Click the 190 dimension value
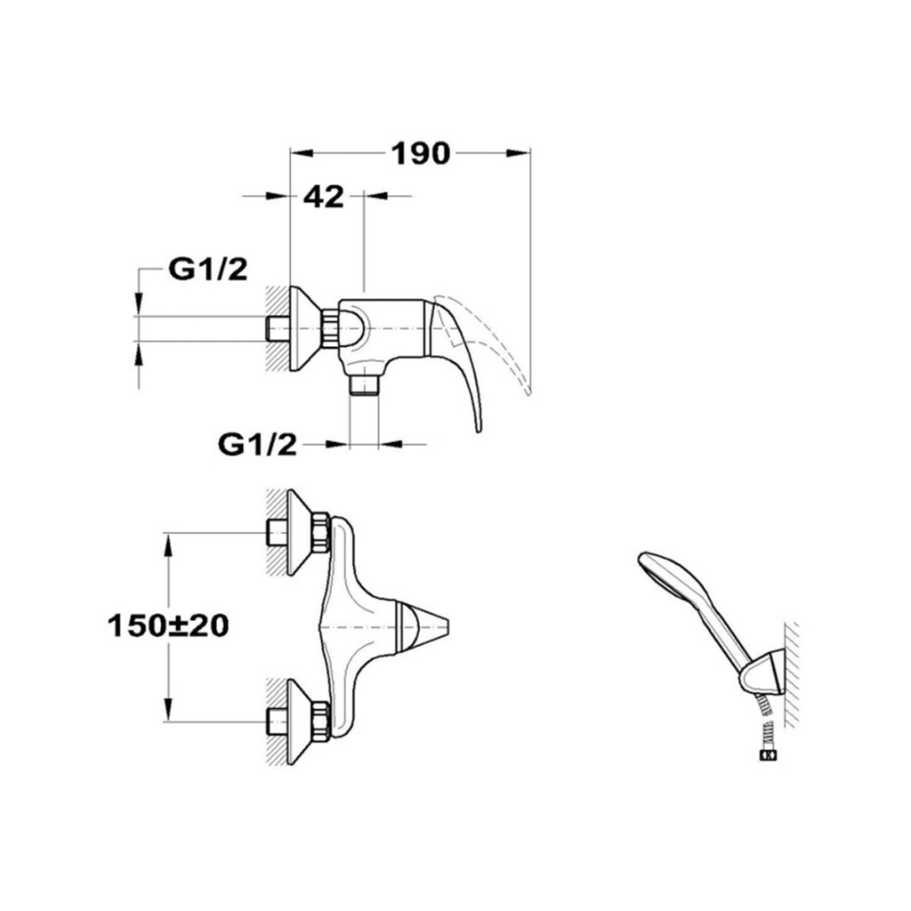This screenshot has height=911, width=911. click(421, 153)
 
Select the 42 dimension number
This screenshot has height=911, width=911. click(324, 197)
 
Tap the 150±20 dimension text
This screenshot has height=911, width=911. click(168, 625)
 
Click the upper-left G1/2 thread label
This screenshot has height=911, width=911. click(208, 269)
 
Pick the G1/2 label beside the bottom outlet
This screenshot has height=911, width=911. click(257, 445)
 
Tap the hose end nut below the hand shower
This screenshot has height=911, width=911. click(768, 755)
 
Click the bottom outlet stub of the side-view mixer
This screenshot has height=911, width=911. click(364, 384)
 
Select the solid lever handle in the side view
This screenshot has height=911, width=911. click(459, 360)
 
